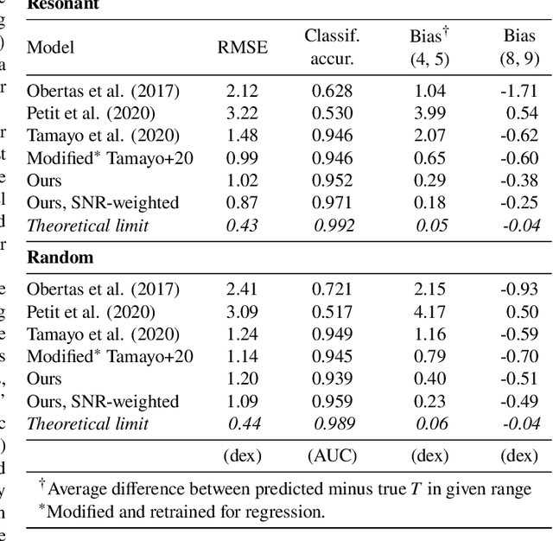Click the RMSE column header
(x=242, y=47)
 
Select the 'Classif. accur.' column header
(x=332, y=47)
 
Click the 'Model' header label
(x=51, y=47)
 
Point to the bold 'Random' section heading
(x=60, y=258)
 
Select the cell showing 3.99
(x=429, y=113)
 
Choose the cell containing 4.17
(x=429, y=312)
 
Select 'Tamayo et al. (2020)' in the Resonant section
(x=103, y=136)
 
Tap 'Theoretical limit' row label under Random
(x=88, y=424)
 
